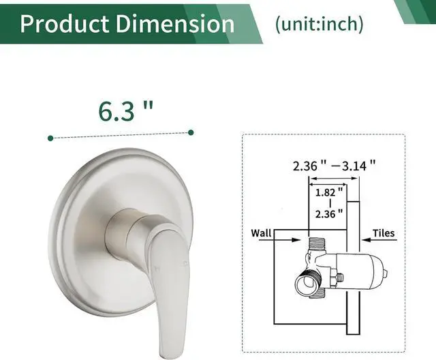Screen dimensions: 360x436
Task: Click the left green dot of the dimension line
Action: point(51,138)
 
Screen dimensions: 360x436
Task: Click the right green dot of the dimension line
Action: point(191,132)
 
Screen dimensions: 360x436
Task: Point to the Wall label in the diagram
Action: point(262,233)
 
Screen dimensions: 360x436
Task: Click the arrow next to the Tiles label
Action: point(361,239)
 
